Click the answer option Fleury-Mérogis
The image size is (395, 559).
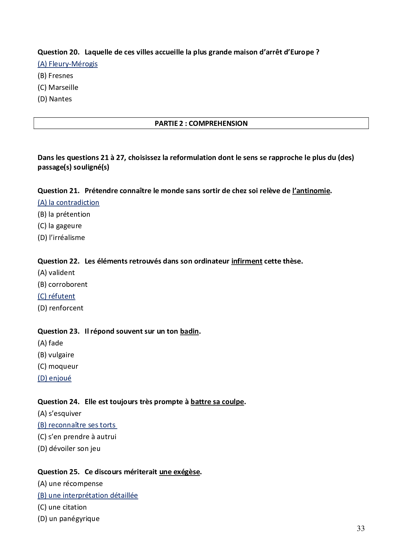point(67,64)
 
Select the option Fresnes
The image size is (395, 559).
point(55,76)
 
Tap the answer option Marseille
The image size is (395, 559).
point(58,88)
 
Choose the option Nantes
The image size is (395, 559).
point(55,99)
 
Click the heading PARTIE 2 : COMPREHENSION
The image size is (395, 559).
point(201,123)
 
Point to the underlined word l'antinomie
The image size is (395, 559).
point(311,191)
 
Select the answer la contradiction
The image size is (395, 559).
point(68,203)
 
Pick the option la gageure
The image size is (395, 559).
point(60,226)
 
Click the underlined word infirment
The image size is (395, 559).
point(247,261)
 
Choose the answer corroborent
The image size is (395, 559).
point(62,285)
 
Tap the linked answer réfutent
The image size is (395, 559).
point(56,296)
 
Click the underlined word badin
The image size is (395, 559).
point(189,331)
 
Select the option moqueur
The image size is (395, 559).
point(58,367)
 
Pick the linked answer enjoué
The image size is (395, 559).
point(54,378)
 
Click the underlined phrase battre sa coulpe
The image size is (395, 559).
point(217,402)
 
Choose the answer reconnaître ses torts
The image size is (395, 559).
point(77,425)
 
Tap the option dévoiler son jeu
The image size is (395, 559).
point(69,449)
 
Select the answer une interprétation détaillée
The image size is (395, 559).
point(88,496)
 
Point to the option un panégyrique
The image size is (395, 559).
point(68,519)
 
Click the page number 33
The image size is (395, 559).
point(361,528)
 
